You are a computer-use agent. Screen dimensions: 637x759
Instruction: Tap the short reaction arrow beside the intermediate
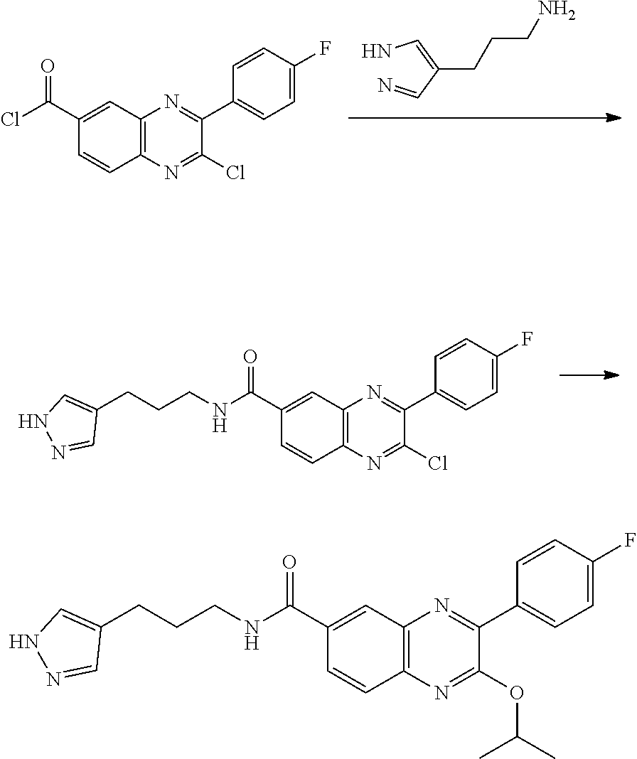(587, 375)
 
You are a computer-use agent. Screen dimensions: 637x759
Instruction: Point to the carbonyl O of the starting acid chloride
(48, 68)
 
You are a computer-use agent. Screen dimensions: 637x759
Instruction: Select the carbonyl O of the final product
(289, 564)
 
